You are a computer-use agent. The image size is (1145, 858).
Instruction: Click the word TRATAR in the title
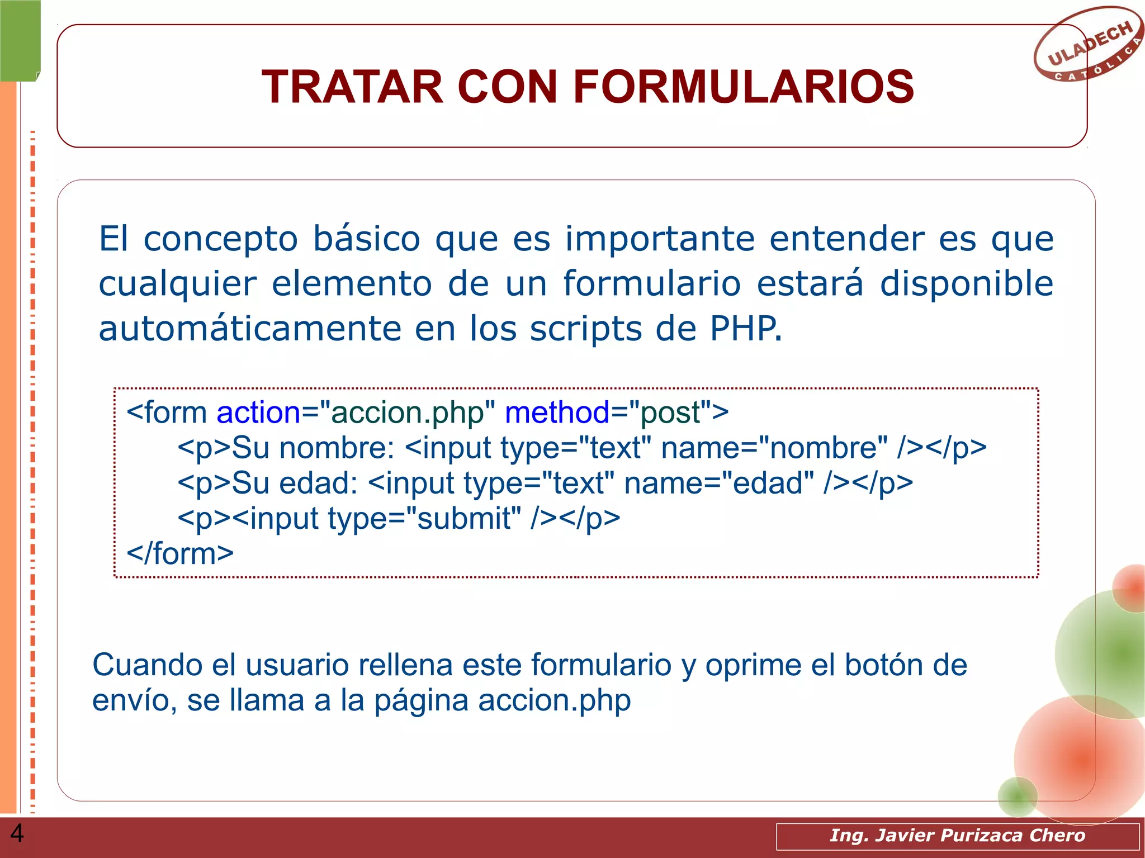coord(352,87)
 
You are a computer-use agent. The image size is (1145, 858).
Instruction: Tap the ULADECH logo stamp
coord(1087,45)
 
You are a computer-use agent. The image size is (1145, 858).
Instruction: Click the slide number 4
coord(17,833)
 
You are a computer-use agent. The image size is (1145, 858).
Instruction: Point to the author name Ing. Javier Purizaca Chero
coord(957,836)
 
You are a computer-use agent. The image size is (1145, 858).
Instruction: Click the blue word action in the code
coord(258,413)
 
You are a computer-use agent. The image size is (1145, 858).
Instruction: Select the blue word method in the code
coord(557,413)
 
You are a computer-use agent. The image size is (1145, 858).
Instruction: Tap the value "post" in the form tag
coord(670,413)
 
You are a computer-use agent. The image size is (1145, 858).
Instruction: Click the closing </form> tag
coord(180,554)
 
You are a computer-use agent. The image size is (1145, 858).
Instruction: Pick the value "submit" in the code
coord(463,519)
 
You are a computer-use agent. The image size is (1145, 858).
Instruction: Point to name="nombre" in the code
coord(774,448)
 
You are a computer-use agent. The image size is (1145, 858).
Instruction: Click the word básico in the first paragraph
coord(366,239)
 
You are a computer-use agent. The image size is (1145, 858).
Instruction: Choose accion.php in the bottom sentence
coord(554,701)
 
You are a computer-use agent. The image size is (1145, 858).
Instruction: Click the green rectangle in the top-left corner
coord(20,40)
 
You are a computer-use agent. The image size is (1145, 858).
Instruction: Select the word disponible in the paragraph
coord(967,283)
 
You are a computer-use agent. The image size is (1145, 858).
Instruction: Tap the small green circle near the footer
coord(1018,796)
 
